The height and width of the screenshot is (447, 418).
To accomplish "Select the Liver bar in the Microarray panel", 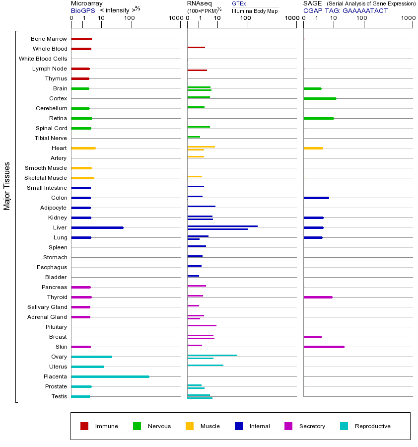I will click(x=97, y=227).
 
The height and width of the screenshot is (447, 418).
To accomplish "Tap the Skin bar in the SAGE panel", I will click(x=324, y=347).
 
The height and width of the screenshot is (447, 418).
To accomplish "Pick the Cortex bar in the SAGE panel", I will click(x=320, y=98).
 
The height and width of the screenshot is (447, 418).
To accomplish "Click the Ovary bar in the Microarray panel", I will click(x=92, y=357).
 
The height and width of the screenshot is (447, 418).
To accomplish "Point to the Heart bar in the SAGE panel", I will click(x=313, y=148).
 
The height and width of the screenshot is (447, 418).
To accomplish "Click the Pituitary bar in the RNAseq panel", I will click(x=202, y=325).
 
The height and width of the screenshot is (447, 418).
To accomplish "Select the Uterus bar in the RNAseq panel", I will click(x=206, y=365).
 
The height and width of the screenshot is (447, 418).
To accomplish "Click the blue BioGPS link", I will click(x=81, y=10).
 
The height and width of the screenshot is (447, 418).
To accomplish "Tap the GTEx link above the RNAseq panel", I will click(x=239, y=3).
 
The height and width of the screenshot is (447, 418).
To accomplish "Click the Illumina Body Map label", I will click(x=255, y=10).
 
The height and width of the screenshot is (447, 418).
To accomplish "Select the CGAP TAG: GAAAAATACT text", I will click(x=346, y=10).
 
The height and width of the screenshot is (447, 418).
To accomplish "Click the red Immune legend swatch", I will click(x=84, y=426).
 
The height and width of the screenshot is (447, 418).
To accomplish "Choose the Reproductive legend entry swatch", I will click(x=344, y=426).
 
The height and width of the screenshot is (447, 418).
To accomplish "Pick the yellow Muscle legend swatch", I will click(x=190, y=426).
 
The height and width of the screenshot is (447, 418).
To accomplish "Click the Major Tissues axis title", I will click(x=7, y=186).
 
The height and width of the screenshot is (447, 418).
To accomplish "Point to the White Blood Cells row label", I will click(x=43, y=59).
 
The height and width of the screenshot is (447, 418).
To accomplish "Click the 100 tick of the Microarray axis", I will click(x=130, y=18).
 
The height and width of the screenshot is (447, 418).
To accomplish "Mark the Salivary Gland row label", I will click(x=47, y=307).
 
